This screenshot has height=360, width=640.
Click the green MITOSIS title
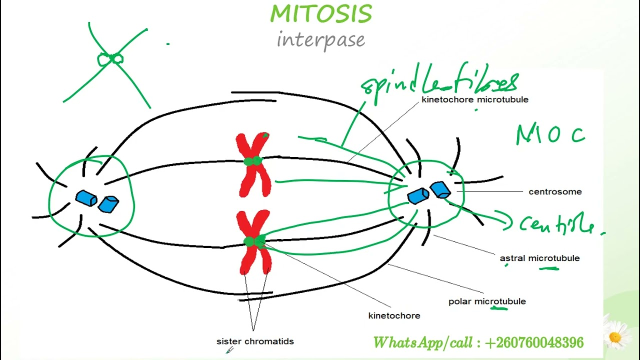click(321, 13)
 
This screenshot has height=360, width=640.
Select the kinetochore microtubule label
click(474, 99)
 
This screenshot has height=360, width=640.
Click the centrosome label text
click(555, 191)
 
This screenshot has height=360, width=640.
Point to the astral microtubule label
click(539, 258)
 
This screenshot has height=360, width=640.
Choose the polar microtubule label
click(487, 301)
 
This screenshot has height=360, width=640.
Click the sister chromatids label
click(255, 341)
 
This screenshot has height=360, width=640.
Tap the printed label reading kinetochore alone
click(394, 316)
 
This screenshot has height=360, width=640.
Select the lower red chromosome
click(254, 242)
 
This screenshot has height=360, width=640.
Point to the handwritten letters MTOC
click(550, 135)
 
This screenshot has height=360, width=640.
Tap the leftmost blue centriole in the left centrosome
click(86, 198)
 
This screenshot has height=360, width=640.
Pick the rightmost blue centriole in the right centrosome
click(440, 190)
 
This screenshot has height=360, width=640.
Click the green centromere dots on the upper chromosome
click(253, 161)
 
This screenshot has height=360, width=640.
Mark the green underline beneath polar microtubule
click(499, 308)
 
